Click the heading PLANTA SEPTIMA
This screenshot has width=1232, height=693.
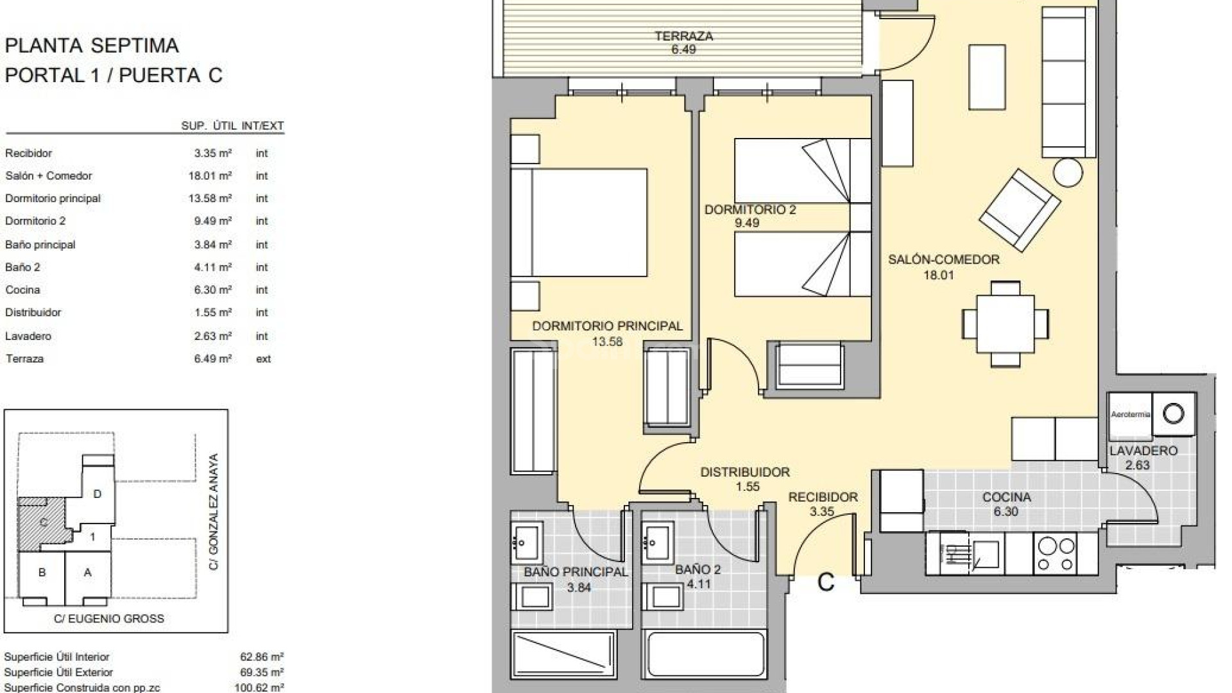click(92, 46)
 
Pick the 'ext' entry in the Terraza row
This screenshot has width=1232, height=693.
click(263, 359)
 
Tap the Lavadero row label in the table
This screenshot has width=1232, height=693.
click(28, 336)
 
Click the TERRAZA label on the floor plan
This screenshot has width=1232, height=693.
click(683, 37)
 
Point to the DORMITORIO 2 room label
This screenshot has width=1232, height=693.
click(750, 210)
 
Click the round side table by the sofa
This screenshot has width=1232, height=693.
click(1068, 172)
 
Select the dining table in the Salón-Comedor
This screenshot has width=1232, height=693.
click(1005, 323)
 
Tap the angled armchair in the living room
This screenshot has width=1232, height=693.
click(1020, 210)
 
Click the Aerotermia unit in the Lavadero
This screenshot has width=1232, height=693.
click(1130, 415)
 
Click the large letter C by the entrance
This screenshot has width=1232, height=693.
click(826, 583)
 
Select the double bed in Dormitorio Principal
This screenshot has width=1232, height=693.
click(579, 223)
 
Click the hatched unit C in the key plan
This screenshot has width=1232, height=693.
click(42, 522)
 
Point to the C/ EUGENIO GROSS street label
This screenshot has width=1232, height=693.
click(108, 619)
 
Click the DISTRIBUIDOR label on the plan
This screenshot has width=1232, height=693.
click(744, 472)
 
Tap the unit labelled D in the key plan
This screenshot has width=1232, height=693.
click(98, 494)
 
